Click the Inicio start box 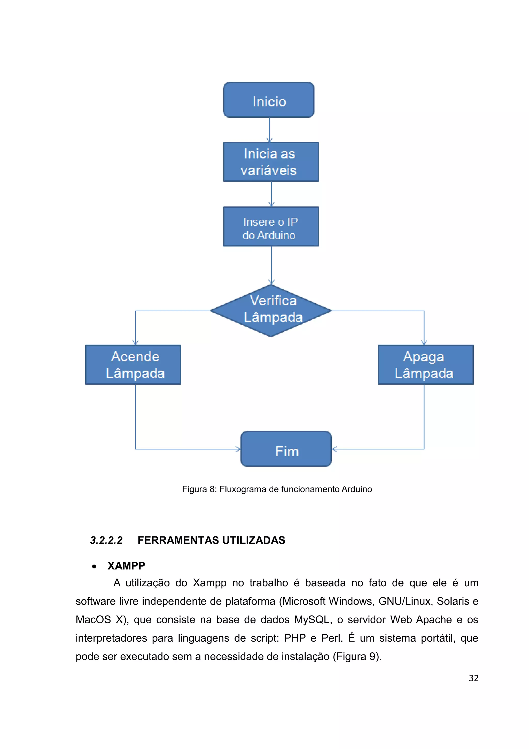pos(269,100)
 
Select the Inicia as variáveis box pos(271,162)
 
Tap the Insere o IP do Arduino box pos(271,226)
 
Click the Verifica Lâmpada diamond pos(271,310)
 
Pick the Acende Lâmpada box pos(133,365)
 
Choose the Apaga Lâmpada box pos(425,365)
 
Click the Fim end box pos(286,449)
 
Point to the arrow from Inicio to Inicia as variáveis pos(269,130)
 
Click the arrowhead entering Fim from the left pos(238,449)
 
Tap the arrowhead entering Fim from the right pos(334,449)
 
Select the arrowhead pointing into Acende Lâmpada pos(136,342)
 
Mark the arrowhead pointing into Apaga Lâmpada pos(424,342)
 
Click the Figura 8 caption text pos(277,489)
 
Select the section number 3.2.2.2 pos(106,541)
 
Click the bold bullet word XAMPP pos(126,566)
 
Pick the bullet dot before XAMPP pos(94,567)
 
